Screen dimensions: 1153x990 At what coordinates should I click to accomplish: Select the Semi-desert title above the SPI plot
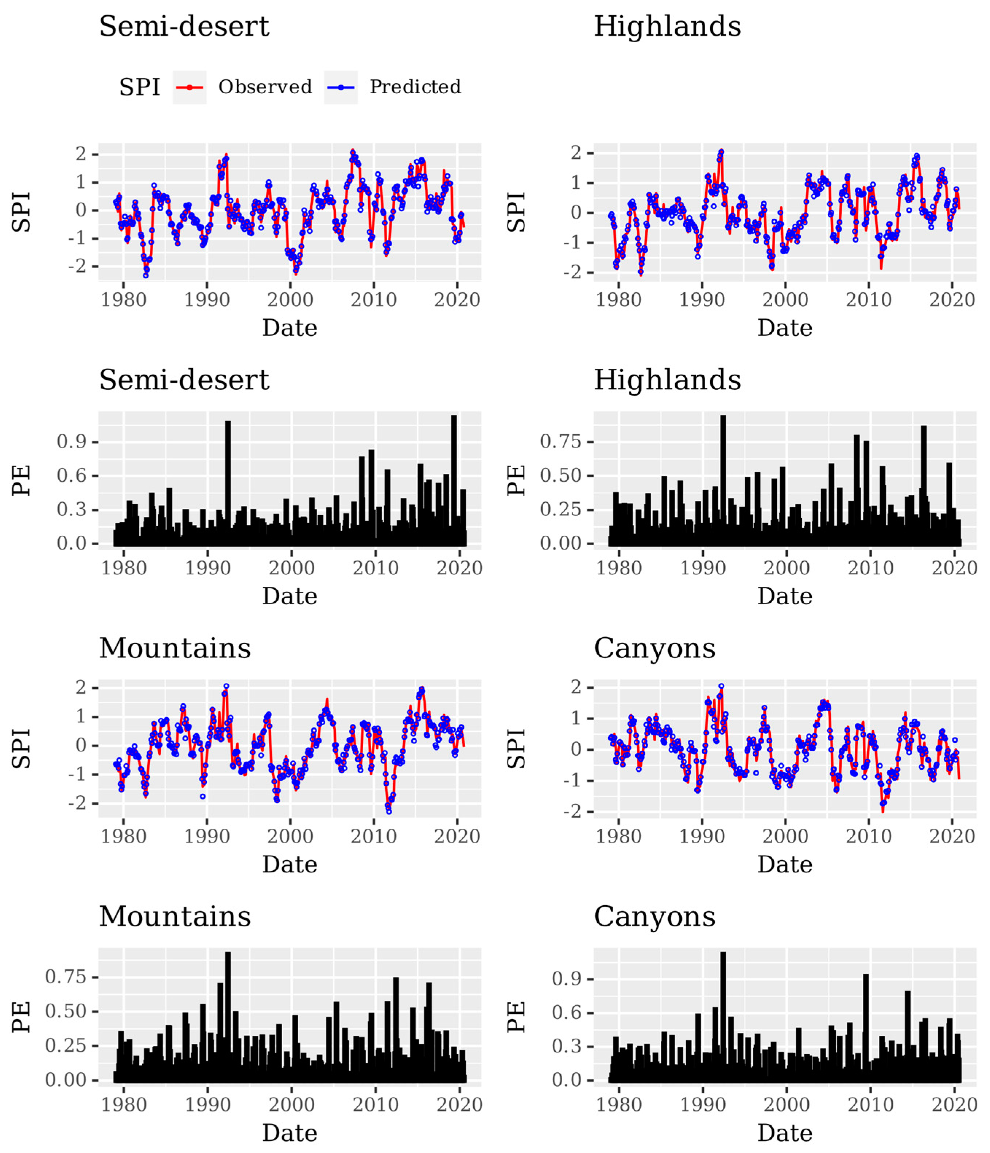coord(184,26)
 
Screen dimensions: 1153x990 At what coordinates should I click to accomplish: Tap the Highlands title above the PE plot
coord(667,380)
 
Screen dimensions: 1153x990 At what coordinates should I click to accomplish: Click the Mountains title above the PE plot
coord(175,916)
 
